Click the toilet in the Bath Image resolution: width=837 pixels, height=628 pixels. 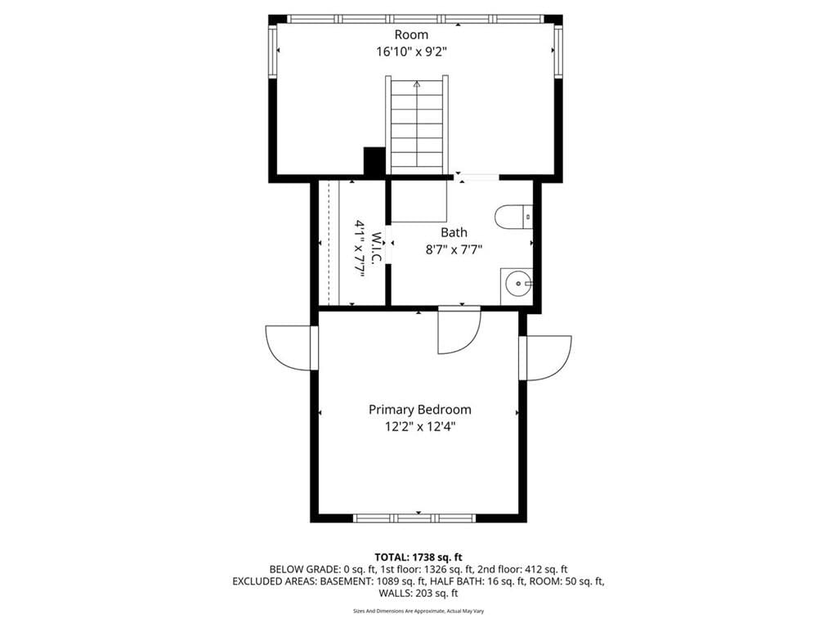pos(514,217)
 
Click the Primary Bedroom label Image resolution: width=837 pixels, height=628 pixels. pos(419,410)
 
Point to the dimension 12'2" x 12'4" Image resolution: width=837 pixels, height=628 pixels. pos(419,427)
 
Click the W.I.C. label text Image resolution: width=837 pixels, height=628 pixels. pos(376,247)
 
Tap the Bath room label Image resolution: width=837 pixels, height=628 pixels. pos(454,232)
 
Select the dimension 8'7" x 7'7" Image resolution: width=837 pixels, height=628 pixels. pos(454,249)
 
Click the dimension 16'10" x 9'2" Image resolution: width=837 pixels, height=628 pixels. pos(411,52)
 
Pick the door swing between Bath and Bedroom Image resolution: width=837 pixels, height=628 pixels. pos(459,331)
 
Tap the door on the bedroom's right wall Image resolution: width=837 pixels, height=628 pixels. pos(545,358)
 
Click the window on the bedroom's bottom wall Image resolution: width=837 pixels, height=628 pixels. pos(414,518)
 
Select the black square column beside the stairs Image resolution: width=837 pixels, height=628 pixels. pos(374,161)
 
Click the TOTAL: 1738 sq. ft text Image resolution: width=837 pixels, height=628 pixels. pos(418,558)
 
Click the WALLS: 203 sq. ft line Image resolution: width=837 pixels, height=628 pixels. pos(418,593)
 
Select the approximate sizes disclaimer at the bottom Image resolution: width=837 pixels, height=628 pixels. pos(418,611)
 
